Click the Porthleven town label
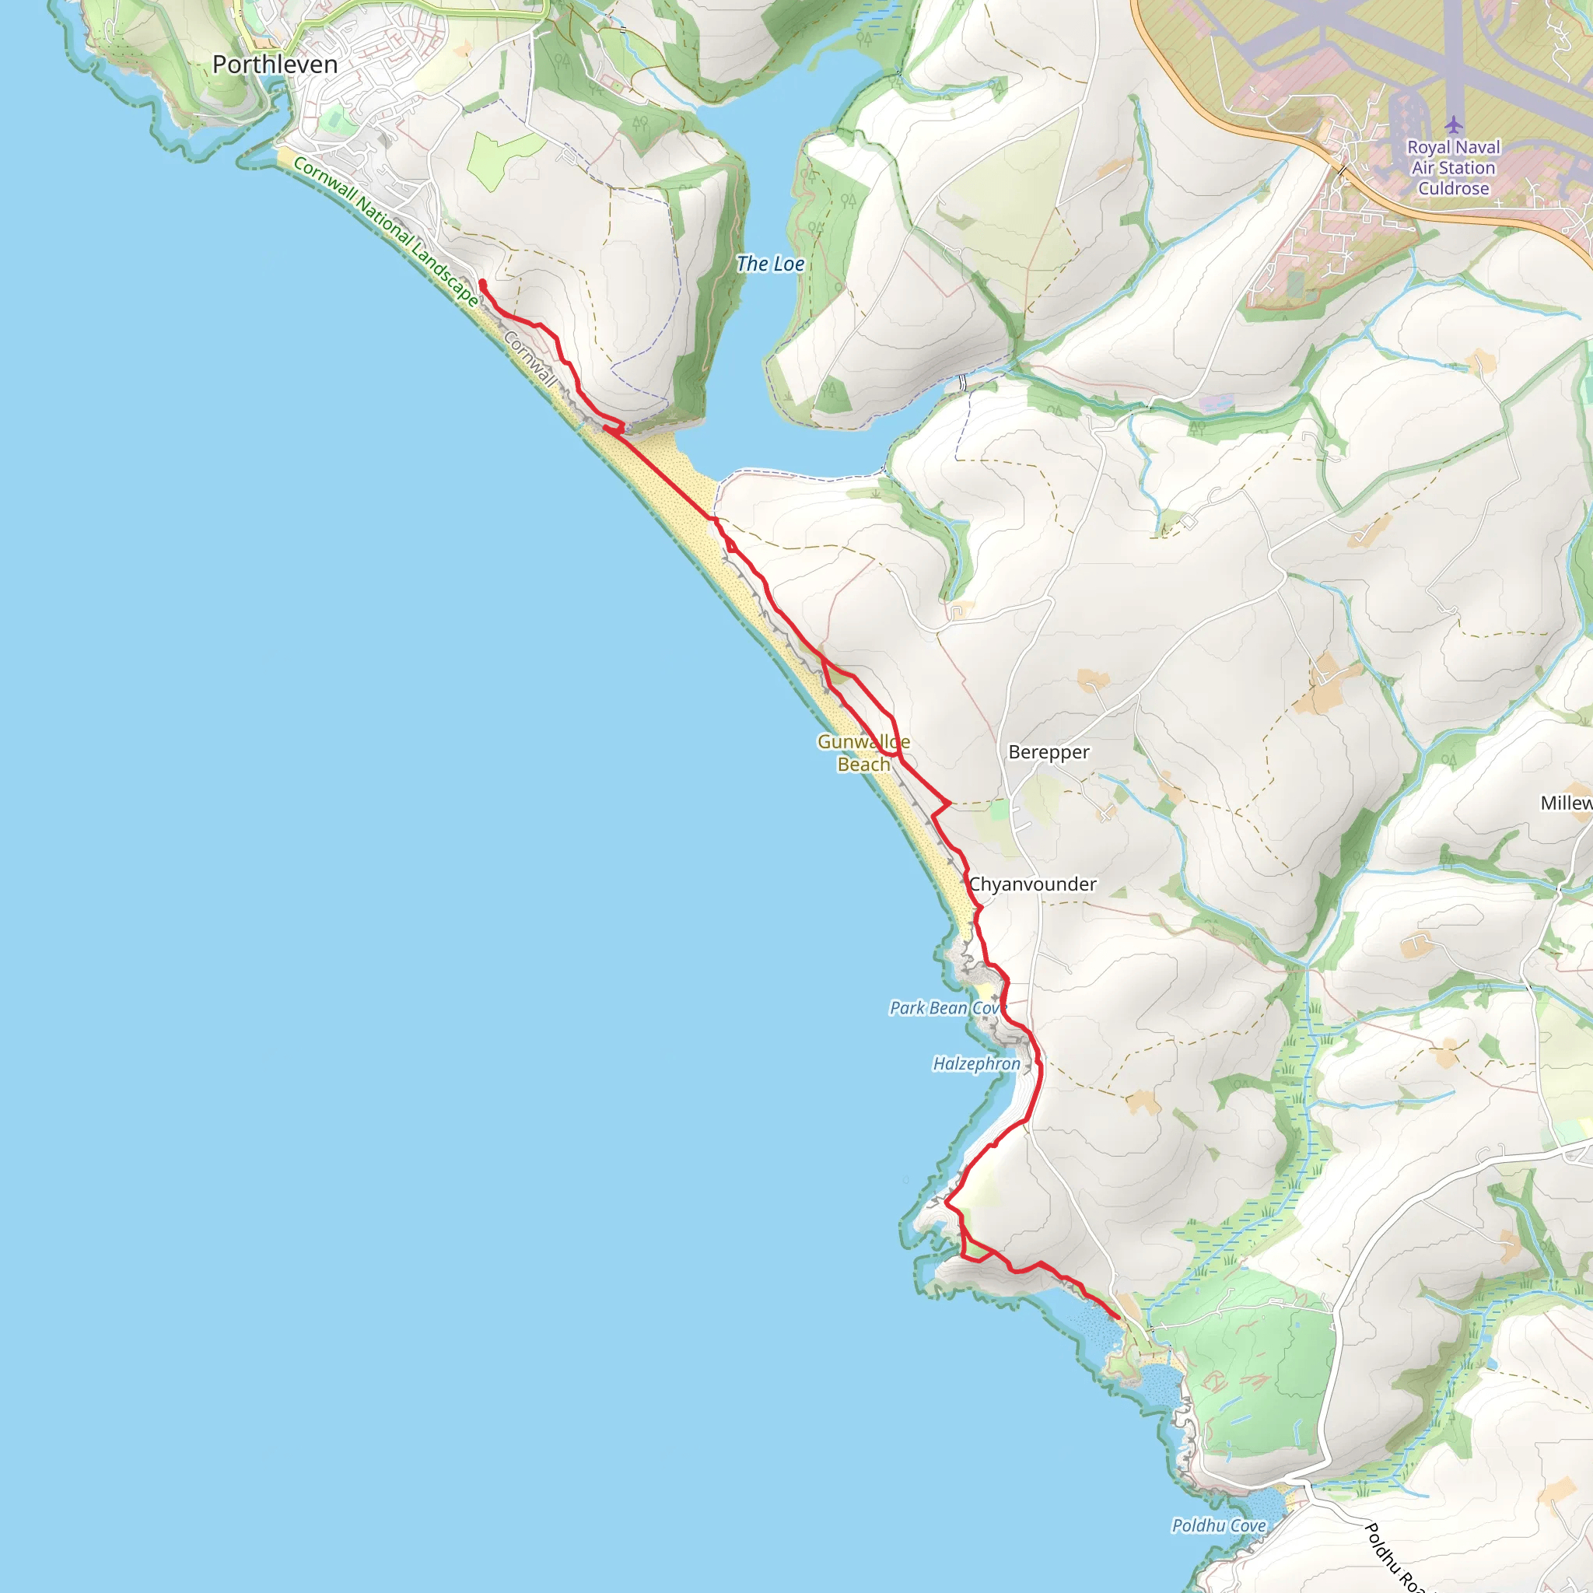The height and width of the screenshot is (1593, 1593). tap(275, 65)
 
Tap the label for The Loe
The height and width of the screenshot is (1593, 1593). tap(769, 264)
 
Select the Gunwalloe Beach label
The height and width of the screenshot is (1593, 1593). tap(863, 753)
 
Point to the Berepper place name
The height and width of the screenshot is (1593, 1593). tap(1048, 752)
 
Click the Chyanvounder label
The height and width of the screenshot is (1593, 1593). tap(1032, 884)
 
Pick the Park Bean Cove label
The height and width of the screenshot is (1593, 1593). tap(945, 1007)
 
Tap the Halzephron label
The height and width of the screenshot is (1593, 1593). tap(976, 1063)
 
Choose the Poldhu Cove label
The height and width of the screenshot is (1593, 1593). tap(1219, 1525)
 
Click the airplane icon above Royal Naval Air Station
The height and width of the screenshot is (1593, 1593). tap(1454, 124)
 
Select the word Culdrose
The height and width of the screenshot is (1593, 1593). tap(1454, 188)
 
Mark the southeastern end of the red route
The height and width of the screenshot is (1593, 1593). tap(1117, 1317)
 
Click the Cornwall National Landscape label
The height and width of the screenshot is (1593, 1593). tap(385, 232)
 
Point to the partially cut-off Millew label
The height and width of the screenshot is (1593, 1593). tap(1566, 802)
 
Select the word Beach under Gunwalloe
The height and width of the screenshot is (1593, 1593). tap(863, 765)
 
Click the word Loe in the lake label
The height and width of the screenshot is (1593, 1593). tap(787, 264)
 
